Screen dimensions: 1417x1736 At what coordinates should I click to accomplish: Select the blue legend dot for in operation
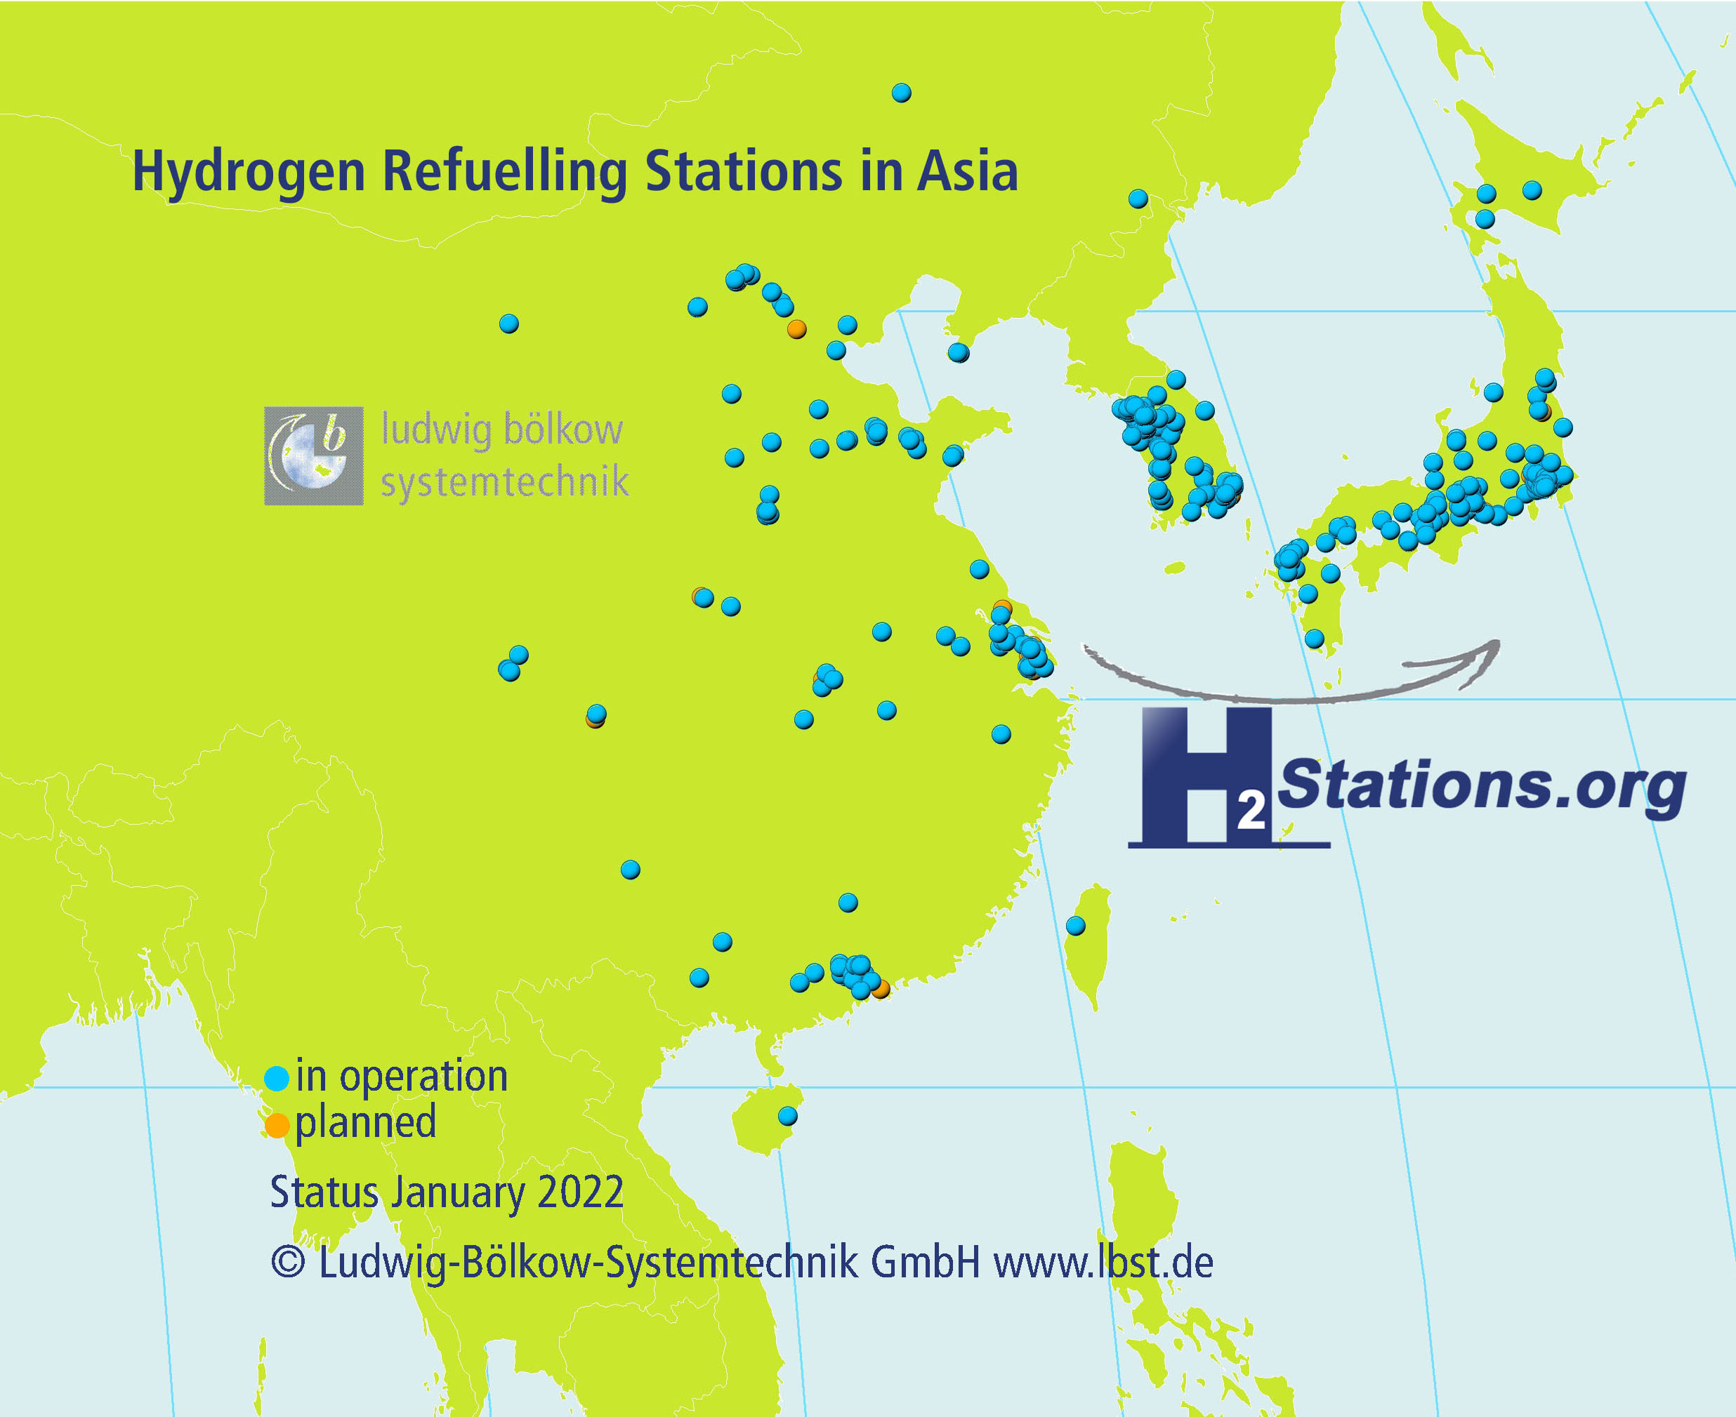pos(277,1078)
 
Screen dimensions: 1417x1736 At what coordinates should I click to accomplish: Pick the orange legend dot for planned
pos(277,1126)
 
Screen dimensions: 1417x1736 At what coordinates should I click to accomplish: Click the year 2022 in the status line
pos(581,1192)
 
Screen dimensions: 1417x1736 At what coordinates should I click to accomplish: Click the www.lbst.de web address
pos(1103,1262)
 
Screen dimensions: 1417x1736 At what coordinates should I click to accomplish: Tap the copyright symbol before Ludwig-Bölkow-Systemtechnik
pos(287,1262)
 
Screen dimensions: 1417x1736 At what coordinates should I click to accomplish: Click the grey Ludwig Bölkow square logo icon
pos(313,455)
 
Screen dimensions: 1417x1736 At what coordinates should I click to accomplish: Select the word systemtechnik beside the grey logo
pos(505,481)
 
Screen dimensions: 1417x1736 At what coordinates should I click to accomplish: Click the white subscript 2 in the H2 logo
pos(1250,812)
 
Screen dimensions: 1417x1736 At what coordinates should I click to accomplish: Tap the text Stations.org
pos(1480,785)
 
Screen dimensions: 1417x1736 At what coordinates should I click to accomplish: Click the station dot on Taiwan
pos(1075,926)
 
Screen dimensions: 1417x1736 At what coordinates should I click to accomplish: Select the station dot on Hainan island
pos(787,1116)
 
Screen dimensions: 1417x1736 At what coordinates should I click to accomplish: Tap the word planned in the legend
pos(365,1123)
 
